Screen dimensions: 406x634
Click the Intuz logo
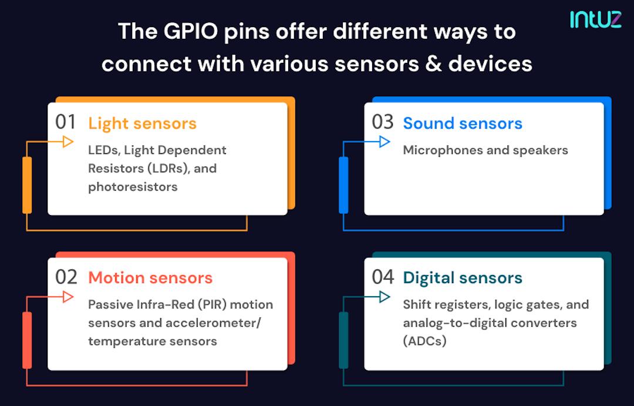(595, 19)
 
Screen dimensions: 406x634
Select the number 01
(66, 122)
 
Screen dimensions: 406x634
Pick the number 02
(66, 277)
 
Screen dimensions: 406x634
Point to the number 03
(383, 122)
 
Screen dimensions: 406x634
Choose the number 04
(383, 277)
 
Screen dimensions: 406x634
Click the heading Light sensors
(142, 123)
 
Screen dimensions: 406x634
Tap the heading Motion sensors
(150, 278)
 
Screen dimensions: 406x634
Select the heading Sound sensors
(462, 123)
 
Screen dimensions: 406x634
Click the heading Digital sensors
(462, 278)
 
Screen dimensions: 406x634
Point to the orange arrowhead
(68, 142)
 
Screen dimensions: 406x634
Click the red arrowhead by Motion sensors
(68, 297)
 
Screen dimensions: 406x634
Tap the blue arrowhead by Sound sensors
(385, 142)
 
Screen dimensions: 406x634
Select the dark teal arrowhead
(385, 297)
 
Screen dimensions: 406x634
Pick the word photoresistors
(133, 187)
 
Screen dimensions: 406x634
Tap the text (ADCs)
(424, 341)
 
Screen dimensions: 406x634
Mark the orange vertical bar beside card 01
(27, 184)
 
